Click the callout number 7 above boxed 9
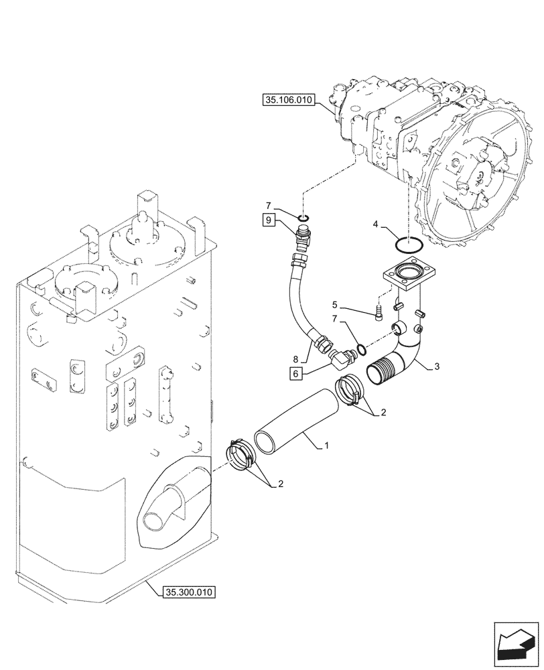268,205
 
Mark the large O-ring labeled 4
407,246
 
